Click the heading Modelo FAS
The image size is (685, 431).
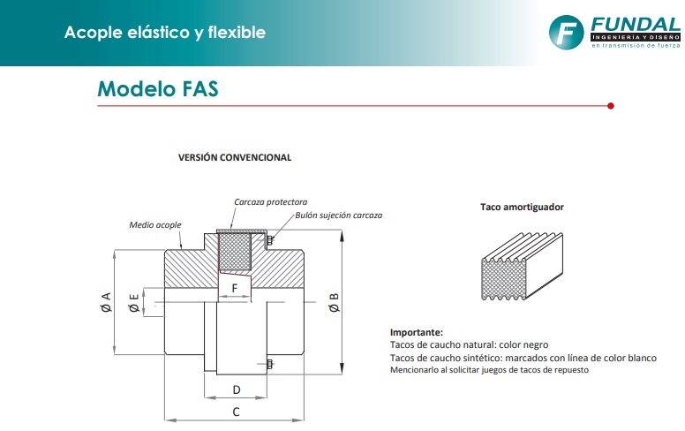click(157, 89)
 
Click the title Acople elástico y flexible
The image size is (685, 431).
click(164, 34)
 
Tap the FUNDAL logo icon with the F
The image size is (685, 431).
click(566, 34)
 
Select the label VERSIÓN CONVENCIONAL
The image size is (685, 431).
click(235, 157)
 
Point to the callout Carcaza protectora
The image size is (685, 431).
click(270, 202)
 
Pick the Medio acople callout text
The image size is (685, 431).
click(155, 225)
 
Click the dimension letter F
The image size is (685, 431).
click(234, 288)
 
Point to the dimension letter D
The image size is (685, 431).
click(236, 389)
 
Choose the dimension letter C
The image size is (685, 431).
click(236, 412)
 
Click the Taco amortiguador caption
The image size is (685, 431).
click(522, 208)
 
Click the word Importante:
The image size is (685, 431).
click(416, 332)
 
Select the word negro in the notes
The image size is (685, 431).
click(532, 344)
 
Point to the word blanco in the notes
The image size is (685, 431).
click(641, 358)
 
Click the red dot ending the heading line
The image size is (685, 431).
click(611, 106)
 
